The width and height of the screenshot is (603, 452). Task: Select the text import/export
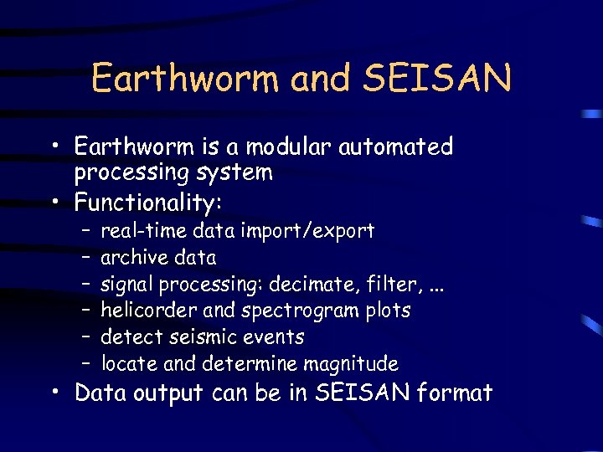(307, 231)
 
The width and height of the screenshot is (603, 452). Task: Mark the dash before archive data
(86, 258)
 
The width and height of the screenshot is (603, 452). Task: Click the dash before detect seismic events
(86, 338)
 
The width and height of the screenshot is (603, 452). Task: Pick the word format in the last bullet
(455, 392)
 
